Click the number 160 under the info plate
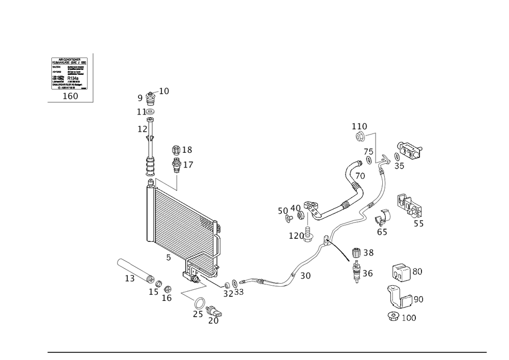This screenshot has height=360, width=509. tap(70, 96)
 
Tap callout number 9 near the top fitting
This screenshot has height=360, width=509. tap(140, 97)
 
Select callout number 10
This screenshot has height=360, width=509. tap(164, 91)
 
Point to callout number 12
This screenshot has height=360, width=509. tap(142, 130)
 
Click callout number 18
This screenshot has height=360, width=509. tap(187, 150)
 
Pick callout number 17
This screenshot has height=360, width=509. tap(188, 165)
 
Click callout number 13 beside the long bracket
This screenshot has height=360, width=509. tap(130, 279)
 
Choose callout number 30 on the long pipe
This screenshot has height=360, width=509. tap(306, 275)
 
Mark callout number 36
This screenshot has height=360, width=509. tap(368, 273)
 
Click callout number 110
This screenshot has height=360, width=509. tap(359, 125)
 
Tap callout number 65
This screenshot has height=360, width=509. tap(382, 232)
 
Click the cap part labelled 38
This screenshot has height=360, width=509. tap(356, 252)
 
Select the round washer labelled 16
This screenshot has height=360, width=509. tap(169, 289)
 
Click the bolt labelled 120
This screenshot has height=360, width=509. tap(310, 235)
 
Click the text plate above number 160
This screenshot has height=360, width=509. tap(70, 73)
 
